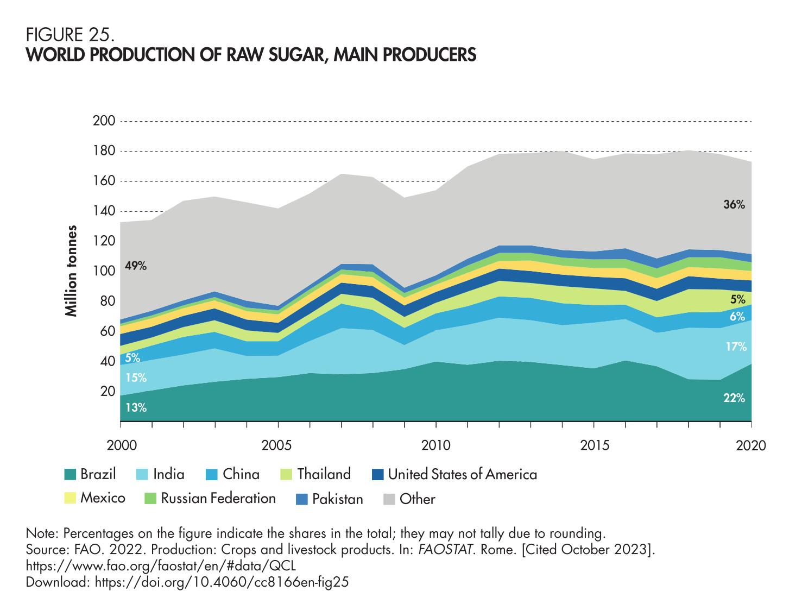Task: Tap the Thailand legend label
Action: (x=324, y=474)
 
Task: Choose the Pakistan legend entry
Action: (x=337, y=499)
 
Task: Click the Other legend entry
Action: (x=417, y=499)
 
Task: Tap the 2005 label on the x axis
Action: (x=278, y=446)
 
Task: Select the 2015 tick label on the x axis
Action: (x=593, y=446)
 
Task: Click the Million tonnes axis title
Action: (x=71, y=271)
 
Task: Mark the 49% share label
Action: (x=136, y=266)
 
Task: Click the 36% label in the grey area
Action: (x=734, y=205)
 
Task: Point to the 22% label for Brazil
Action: (x=734, y=399)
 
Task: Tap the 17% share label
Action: (x=736, y=347)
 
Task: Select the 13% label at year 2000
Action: (x=136, y=407)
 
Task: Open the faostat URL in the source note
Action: (x=161, y=565)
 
